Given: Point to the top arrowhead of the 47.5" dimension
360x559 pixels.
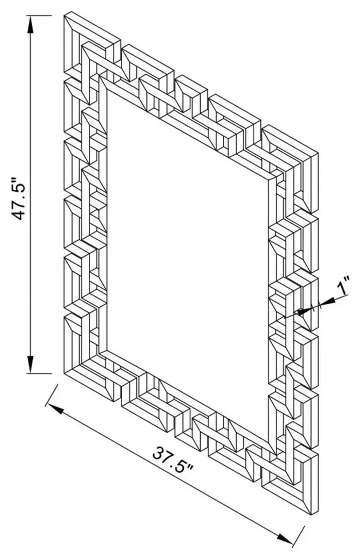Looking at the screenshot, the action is tap(31, 25).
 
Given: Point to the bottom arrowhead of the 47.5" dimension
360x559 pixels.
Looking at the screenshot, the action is tap(31, 364).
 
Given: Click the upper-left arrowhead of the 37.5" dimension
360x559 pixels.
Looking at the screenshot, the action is tap(55, 409).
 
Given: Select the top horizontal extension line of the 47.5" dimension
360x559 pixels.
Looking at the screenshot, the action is tap(39, 16).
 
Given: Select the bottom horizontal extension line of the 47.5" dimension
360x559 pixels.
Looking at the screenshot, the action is tap(39, 373).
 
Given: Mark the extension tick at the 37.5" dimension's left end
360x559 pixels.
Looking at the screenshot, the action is tap(52, 395).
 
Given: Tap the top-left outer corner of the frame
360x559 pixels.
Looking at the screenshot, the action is tap(64, 15).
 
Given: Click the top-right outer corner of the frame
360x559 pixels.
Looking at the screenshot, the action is tap(317, 154).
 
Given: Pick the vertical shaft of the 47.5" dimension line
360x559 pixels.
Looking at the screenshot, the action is tap(31, 194).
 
